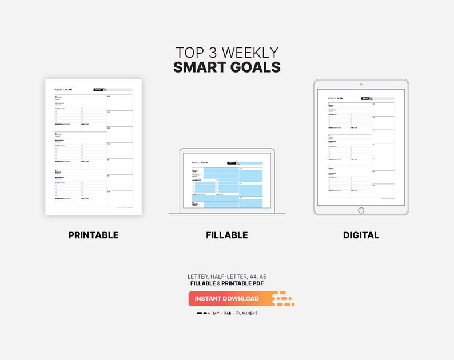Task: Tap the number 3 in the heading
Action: point(212,53)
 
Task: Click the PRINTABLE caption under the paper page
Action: point(93,235)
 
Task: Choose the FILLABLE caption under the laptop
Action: point(226,235)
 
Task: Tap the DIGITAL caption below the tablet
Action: point(361,235)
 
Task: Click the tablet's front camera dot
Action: point(361,85)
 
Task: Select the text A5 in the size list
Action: point(262,277)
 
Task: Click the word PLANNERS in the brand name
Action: point(246,313)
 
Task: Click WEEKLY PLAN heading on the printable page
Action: point(63,90)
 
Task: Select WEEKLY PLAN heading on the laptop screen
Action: point(200,163)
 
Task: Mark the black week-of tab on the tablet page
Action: point(365,98)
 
